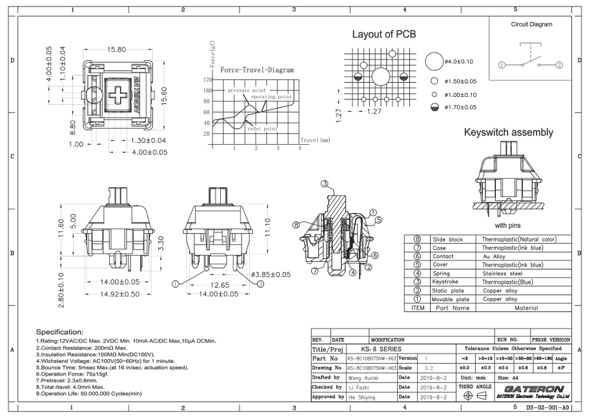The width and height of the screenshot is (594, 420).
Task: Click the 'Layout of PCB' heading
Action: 384,34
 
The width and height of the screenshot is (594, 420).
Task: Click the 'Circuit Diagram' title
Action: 531,25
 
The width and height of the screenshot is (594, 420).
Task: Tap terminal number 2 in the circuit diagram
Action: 560,64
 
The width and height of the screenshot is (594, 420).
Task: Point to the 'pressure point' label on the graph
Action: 246,90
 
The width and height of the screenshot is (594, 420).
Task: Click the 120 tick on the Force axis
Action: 207,80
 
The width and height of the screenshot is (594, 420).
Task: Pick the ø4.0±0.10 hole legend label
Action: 459,61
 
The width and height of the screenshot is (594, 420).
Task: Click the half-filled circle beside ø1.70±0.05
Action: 435,107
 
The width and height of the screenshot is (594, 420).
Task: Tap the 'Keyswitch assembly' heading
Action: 508,132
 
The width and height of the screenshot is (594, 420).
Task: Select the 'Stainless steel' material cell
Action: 502,273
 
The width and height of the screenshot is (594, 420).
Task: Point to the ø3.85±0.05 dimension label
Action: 270,275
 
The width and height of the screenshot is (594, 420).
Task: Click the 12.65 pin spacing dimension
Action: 220,285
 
